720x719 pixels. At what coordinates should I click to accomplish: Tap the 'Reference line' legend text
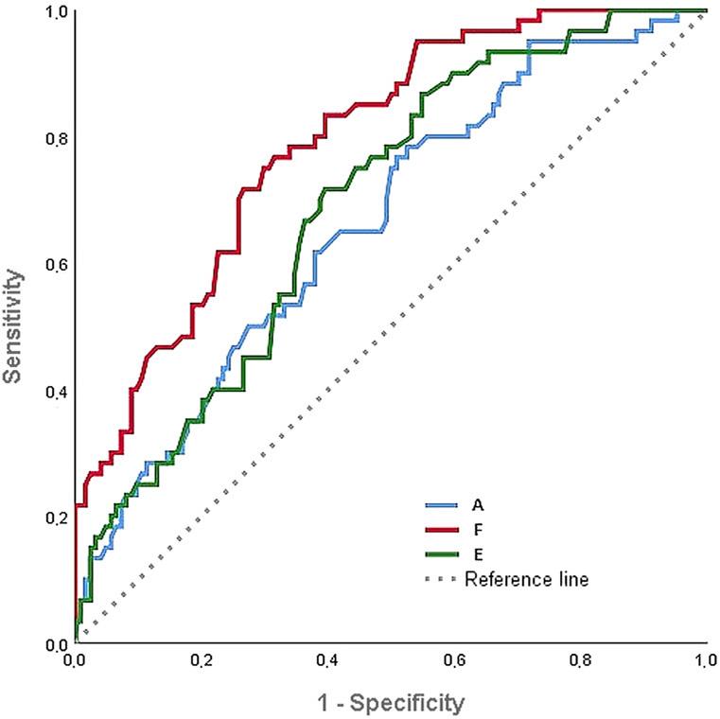click(526, 578)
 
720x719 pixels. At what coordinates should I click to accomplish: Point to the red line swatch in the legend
click(443, 530)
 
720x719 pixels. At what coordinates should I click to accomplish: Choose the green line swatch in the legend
click(443, 554)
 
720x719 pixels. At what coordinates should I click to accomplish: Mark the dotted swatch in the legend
click(443, 578)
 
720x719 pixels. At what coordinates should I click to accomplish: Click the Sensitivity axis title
click(12, 326)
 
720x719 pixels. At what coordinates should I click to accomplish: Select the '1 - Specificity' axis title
click(391, 703)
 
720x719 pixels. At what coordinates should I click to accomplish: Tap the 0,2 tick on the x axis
click(202, 660)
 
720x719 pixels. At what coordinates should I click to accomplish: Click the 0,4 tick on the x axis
click(327, 660)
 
